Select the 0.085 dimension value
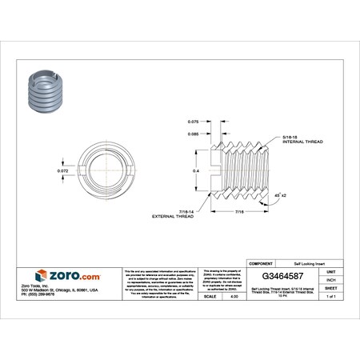[192, 134]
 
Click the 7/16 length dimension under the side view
[240, 211]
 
